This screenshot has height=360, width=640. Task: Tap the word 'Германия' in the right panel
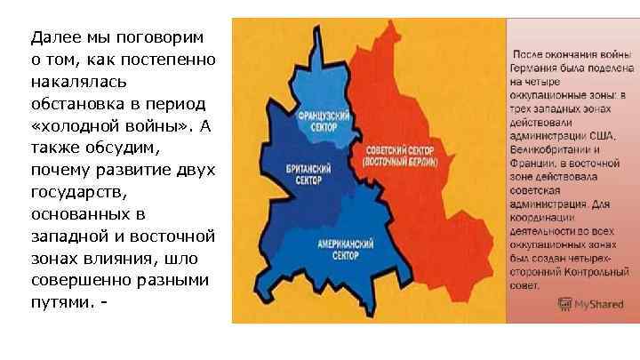click(x=537, y=68)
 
